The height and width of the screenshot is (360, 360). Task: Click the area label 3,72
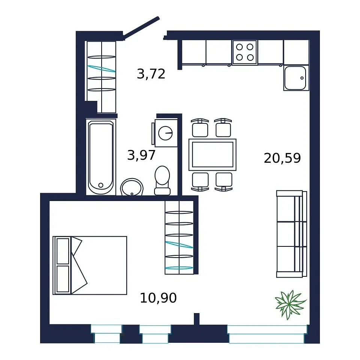click(151, 74)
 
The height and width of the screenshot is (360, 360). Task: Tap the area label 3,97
click(141, 155)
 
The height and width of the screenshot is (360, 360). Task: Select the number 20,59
click(282, 158)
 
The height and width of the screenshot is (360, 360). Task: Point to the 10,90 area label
click(158, 298)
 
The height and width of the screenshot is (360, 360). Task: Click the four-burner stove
click(244, 52)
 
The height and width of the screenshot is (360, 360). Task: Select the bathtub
click(101, 157)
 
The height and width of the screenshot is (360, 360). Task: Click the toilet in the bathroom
click(162, 180)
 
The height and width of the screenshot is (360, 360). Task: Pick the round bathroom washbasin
click(132, 187)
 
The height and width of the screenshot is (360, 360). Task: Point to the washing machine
click(165, 133)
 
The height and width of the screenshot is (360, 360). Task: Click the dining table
click(213, 154)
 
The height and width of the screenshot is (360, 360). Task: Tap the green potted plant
click(290, 304)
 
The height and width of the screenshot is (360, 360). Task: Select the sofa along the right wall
click(292, 234)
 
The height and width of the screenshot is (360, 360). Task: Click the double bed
click(90, 265)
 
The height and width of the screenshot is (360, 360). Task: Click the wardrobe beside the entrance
click(102, 77)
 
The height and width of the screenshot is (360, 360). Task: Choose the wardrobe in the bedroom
click(179, 237)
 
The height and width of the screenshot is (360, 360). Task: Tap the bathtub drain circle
click(100, 185)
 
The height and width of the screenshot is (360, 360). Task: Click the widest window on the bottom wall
click(267, 334)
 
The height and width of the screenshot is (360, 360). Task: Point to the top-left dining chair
click(200, 128)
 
